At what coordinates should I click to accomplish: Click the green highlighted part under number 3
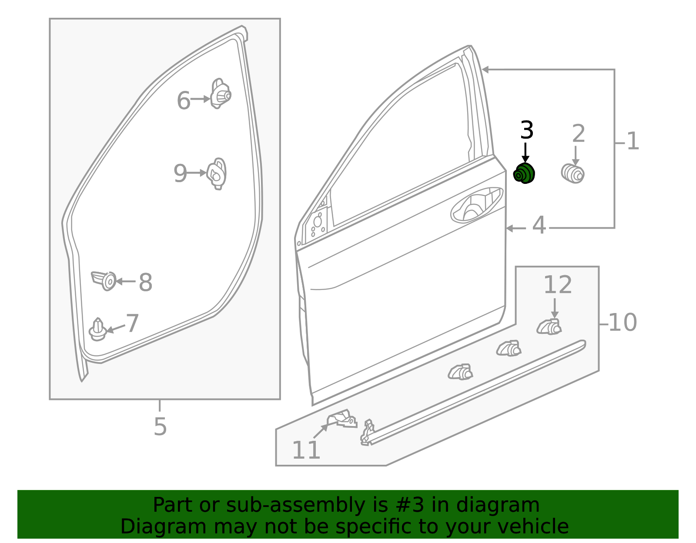pyautogui.click(x=524, y=173)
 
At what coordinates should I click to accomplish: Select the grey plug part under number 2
pyautogui.click(x=573, y=174)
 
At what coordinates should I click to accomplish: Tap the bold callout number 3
pyautogui.click(x=527, y=130)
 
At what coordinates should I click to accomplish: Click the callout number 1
pyautogui.click(x=633, y=141)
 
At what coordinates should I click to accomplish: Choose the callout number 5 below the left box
pyautogui.click(x=160, y=426)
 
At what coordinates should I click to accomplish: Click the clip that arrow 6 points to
pyautogui.click(x=221, y=94)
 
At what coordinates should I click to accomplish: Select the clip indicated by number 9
pyautogui.click(x=217, y=174)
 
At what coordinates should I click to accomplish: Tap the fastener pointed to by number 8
pyautogui.click(x=104, y=281)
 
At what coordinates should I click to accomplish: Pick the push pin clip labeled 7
pyautogui.click(x=98, y=330)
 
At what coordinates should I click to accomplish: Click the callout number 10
pyautogui.click(x=622, y=323)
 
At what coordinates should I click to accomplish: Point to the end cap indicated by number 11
pyautogui.click(x=342, y=419)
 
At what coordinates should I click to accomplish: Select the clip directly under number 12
pyautogui.click(x=549, y=327)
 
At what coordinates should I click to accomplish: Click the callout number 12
pyautogui.click(x=558, y=284)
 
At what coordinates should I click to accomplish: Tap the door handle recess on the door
pyautogui.click(x=477, y=205)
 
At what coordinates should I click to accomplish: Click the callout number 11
pyautogui.click(x=306, y=450)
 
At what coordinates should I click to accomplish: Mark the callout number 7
pyautogui.click(x=132, y=323)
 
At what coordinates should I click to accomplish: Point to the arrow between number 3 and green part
pyautogui.click(x=525, y=153)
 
